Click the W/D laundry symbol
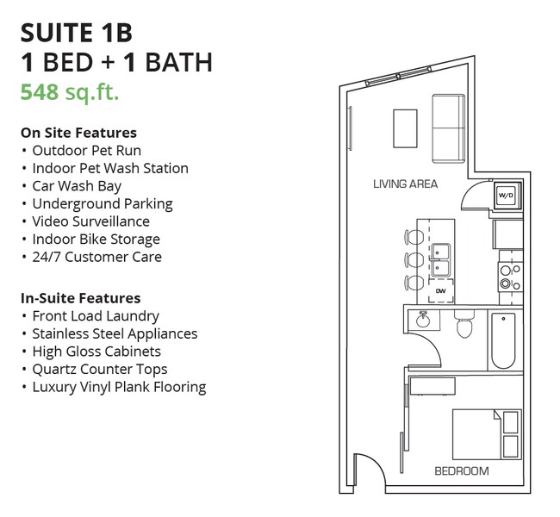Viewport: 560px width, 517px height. point(506,196)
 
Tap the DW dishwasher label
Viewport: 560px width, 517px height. point(441,291)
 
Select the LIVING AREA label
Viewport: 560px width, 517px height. point(405,184)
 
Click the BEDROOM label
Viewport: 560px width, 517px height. point(461,470)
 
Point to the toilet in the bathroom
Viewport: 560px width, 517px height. point(464,325)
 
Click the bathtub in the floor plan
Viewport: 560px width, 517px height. point(505,340)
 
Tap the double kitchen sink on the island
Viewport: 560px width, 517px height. point(441,259)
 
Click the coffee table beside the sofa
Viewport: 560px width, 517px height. point(405,128)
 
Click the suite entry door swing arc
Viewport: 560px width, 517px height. point(369,474)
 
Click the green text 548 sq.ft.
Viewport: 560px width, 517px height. point(69,92)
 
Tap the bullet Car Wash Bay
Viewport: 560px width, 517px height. point(77,186)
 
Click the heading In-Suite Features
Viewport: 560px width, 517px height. point(80,298)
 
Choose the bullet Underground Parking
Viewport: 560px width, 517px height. point(102,203)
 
